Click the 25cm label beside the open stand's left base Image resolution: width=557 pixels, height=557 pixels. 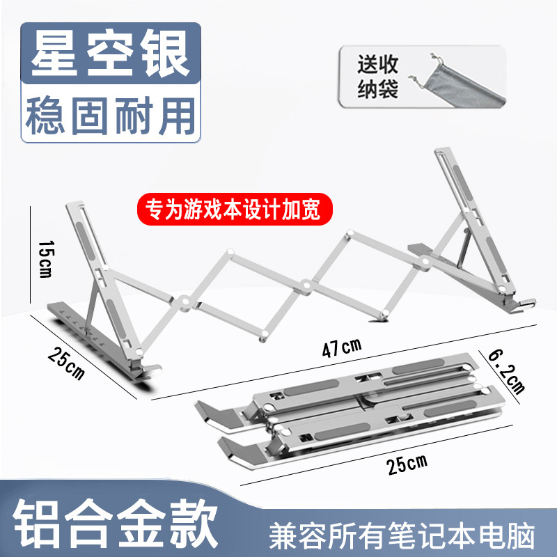pos(67,360)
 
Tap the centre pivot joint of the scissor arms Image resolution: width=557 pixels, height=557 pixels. pos(306,284)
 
